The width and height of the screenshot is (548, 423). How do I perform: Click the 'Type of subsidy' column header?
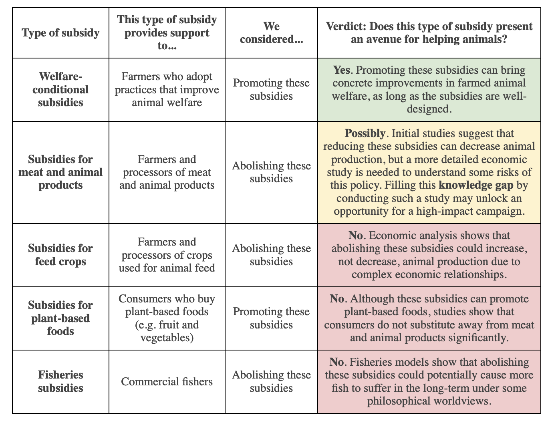click(x=60, y=33)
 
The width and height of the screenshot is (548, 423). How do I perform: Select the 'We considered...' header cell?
click(x=271, y=33)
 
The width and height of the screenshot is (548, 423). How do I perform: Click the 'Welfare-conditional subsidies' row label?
click(x=60, y=89)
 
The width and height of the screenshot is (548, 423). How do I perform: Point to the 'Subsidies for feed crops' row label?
click(x=60, y=255)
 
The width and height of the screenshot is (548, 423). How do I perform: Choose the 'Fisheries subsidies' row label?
click(x=60, y=381)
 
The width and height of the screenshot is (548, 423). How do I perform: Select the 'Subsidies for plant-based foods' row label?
click(x=60, y=318)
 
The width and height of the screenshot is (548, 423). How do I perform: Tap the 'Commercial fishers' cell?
click(x=167, y=381)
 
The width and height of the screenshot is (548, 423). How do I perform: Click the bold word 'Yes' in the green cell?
click(x=342, y=70)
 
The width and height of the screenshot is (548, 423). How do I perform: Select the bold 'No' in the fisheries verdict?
click(x=336, y=363)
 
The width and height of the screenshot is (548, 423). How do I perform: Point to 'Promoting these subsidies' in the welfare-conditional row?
click(x=271, y=89)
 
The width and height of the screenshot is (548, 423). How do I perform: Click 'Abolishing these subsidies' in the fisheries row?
click(x=271, y=381)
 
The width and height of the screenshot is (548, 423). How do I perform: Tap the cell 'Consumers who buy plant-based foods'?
click(x=167, y=318)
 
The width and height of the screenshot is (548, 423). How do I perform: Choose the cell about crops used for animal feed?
click(x=167, y=255)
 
